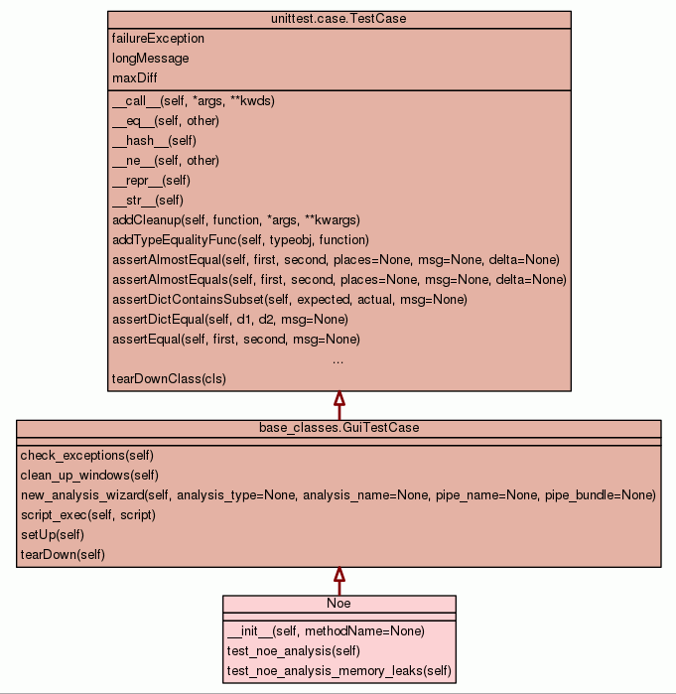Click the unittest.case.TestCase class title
338,19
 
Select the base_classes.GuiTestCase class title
338,428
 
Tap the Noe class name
338,604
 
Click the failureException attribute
158,39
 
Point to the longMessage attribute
150,59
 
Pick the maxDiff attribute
135,78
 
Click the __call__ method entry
193,101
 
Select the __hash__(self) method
154,141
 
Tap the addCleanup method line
235,220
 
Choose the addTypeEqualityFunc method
240,240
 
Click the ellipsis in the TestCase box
338,359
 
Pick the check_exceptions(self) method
86,456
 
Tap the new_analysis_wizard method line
338,495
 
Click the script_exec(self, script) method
87,515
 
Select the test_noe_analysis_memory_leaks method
338,672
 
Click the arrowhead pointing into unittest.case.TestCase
338,399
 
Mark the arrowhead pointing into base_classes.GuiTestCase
338,575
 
